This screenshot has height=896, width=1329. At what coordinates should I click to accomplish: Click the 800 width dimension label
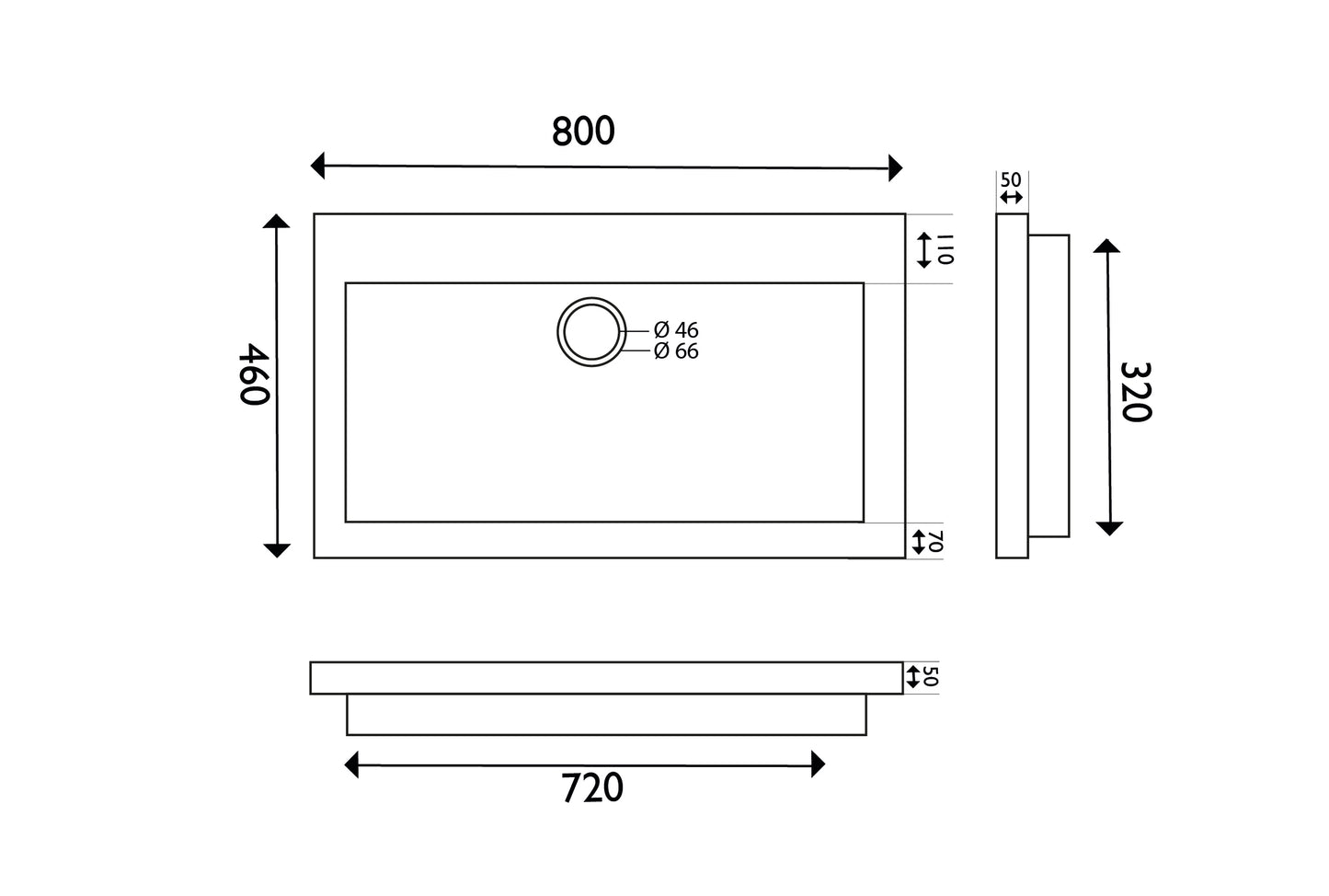click(x=583, y=132)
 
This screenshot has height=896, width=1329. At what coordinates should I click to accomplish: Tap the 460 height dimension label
click(x=255, y=373)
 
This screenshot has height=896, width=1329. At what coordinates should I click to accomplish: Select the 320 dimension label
click(x=1136, y=392)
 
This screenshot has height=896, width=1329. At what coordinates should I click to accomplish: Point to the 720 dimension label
click(x=592, y=787)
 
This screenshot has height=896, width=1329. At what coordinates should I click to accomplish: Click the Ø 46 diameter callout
click(x=676, y=329)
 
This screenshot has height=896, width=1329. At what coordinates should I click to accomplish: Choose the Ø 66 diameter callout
click(x=676, y=350)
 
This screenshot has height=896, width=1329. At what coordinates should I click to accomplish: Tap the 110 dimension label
click(x=945, y=249)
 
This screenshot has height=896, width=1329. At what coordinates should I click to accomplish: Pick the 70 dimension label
click(x=935, y=541)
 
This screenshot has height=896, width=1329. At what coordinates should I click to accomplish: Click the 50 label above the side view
click(x=1011, y=179)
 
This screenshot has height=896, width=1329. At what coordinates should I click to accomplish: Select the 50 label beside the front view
click(x=932, y=676)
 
